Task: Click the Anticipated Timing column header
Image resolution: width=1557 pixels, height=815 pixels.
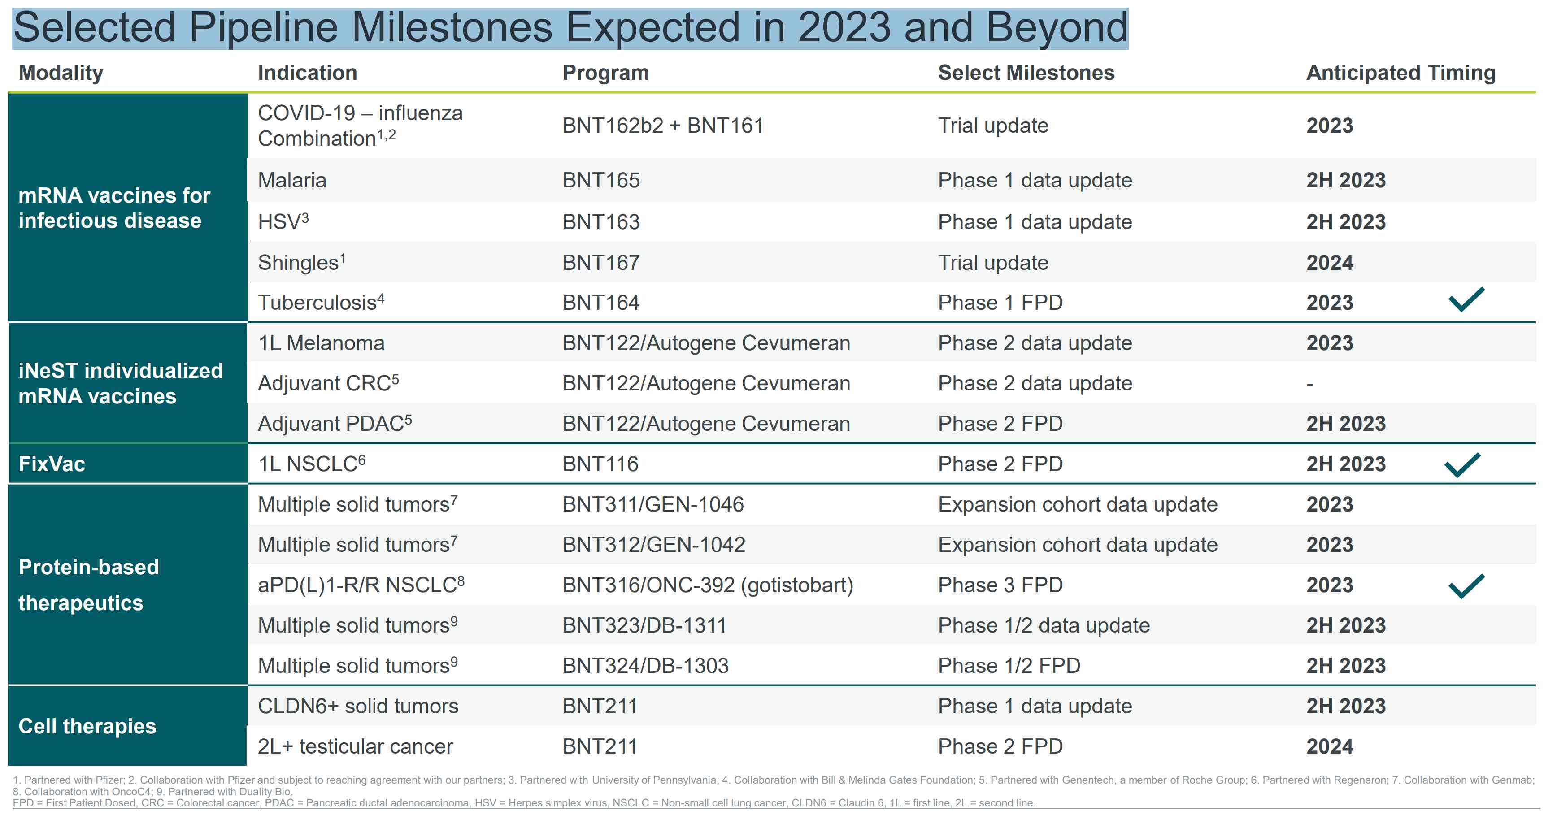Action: point(1400,73)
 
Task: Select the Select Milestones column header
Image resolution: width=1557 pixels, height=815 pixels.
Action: point(1026,73)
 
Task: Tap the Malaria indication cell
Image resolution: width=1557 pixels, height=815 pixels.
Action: point(292,180)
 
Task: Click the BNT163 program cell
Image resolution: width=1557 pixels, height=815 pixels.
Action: point(601,222)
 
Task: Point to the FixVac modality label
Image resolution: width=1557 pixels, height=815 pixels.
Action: point(52,464)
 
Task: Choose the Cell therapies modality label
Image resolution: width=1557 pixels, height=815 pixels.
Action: point(87,726)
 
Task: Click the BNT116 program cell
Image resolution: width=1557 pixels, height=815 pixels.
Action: point(600,464)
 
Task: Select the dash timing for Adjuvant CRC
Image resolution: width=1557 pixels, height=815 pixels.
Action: point(1310,384)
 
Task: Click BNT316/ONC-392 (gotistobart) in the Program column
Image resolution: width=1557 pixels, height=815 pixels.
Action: point(707,585)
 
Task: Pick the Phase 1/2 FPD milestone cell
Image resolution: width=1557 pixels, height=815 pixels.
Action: point(1009,665)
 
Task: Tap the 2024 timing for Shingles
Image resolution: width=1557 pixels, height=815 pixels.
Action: point(1329,263)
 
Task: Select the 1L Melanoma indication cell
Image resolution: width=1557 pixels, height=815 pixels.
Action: point(321,343)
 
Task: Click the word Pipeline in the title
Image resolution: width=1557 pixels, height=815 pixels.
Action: point(263,28)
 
